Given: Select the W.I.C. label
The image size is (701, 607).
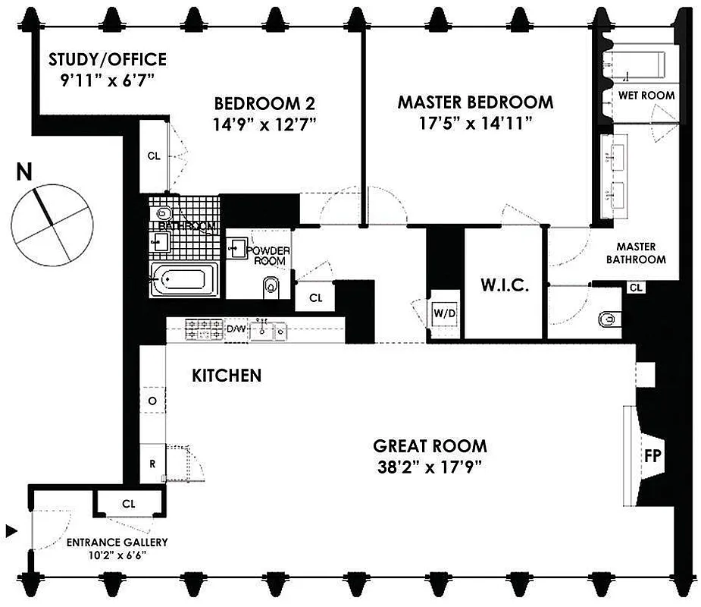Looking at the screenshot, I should (x=504, y=286).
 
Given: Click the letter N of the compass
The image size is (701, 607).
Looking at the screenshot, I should (x=25, y=173).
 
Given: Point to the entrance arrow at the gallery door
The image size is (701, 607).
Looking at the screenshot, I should (x=11, y=529).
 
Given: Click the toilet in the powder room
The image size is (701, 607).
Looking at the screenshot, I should (x=271, y=286).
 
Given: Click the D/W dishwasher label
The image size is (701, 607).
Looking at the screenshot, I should (x=236, y=329).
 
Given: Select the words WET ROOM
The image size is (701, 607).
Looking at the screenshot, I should (x=647, y=96).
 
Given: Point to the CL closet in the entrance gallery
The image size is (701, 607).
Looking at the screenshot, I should (x=128, y=503).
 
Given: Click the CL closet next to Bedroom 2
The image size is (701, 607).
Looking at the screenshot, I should (x=154, y=156).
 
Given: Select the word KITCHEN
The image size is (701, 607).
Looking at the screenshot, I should (x=227, y=375).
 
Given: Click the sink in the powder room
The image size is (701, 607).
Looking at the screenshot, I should (x=236, y=247).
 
